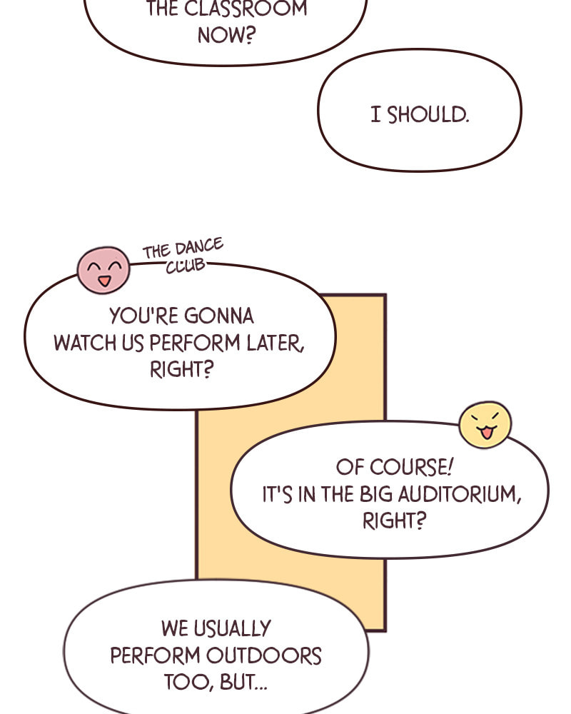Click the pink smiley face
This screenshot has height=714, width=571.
[x=103, y=270]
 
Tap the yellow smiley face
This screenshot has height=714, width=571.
[x=485, y=424]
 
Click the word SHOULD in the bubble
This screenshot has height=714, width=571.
[x=428, y=115]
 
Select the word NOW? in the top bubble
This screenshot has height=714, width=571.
[x=226, y=35]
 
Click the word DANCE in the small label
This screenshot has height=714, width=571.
[x=199, y=247]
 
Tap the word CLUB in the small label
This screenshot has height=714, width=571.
[x=186, y=266]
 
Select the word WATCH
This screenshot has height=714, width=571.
[x=85, y=343]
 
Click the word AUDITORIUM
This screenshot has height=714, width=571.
[x=459, y=495]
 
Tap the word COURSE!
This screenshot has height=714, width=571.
[x=412, y=467]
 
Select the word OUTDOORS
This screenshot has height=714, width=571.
[x=264, y=655]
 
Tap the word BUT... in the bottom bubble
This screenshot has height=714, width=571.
[x=244, y=682]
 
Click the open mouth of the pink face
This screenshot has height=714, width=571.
[x=104, y=281]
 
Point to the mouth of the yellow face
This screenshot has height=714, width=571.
[x=486, y=433]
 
